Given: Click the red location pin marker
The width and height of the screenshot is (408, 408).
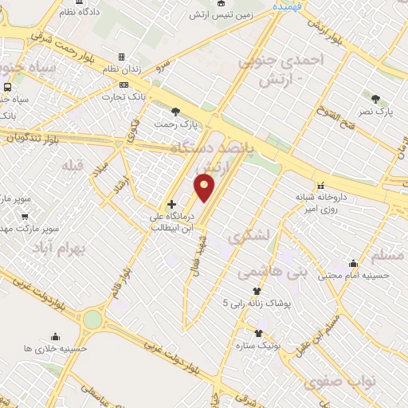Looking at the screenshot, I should tap(205, 188).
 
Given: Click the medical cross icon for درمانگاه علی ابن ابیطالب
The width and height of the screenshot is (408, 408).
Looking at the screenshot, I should tap(171, 205).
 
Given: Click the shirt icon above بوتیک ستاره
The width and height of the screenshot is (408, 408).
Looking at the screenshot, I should tap(258, 333).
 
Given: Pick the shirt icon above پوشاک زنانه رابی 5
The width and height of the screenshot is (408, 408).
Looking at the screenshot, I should tap(257, 291).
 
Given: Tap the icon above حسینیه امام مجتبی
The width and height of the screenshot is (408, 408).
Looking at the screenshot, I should tap(352, 263).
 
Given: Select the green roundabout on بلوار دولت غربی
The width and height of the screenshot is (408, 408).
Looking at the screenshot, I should tap(92, 320).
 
